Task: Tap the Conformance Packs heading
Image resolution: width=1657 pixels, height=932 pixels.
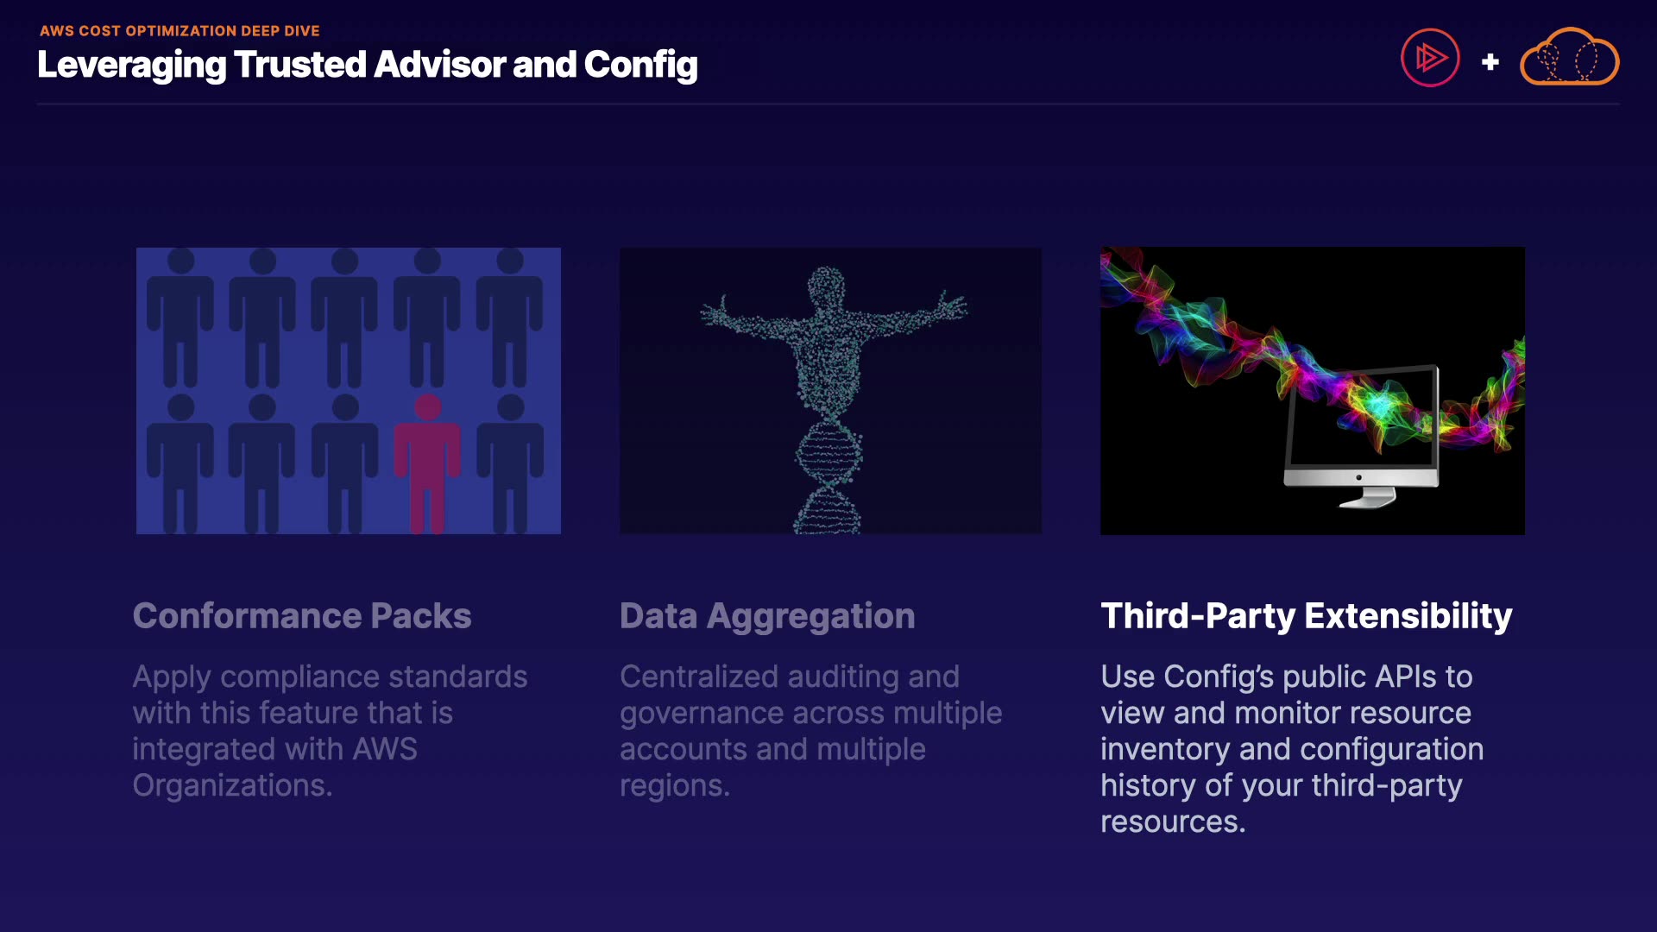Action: [x=302, y=616]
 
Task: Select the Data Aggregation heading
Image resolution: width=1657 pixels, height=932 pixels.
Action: [x=767, y=616]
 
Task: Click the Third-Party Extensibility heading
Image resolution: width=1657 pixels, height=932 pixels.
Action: [x=1306, y=616]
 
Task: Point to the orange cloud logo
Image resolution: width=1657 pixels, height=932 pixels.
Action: [x=1569, y=58]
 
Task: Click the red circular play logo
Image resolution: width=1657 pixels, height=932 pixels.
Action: [x=1430, y=58]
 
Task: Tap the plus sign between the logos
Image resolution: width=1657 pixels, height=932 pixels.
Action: [x=1490, y=62]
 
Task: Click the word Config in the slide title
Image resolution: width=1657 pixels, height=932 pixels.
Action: [x=640, y=66]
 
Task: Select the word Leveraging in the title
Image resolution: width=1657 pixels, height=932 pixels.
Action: [x=131, y=66]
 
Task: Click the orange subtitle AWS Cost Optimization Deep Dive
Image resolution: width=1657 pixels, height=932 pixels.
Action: [x=180, y=31]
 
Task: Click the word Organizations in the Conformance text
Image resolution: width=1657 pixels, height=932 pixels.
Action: [x=232, y=785]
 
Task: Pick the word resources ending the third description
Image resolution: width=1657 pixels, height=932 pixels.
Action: [x=1173, y=822]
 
